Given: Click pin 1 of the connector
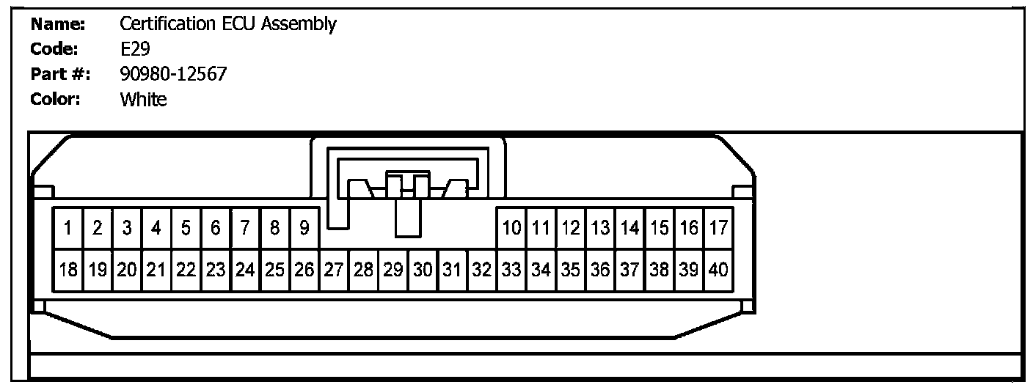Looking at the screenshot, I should (x=67, y=228).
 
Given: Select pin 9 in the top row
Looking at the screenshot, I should (x=304, y=228).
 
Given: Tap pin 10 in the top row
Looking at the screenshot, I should (x=511, y=228).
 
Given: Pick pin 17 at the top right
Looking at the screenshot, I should (x=718, y=228).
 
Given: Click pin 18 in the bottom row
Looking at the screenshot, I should (x=67, y=270).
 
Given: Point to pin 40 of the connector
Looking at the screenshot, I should (x=718, y=270).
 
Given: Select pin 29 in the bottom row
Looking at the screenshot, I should (x=393, y=270).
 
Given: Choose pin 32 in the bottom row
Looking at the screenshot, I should (x=481, y=270).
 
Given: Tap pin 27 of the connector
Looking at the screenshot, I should (x=334, y=270).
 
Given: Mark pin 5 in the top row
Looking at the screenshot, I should (x=186, y=228).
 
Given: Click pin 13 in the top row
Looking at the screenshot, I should (x=600, y=228).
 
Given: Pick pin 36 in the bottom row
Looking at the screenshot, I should (x=600, y=270).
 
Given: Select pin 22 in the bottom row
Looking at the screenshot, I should (x=186, y=270).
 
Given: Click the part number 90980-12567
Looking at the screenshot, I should (x=173, y=74).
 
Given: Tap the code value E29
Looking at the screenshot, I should (x=131, y=49).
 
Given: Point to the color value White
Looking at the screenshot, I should (x=143, y=99).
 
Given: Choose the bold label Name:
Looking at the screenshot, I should (x=59, y=24).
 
